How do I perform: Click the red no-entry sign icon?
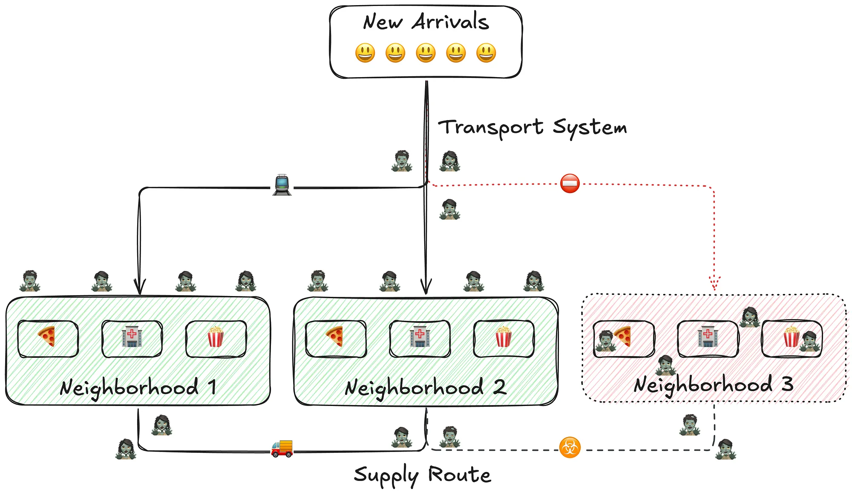[570, 184]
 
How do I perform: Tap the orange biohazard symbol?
[570, 447]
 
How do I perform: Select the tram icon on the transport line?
[282, 185]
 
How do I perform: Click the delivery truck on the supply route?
[282, 449]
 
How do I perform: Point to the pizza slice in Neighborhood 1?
[47, 337]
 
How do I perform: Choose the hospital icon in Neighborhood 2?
[420, 337]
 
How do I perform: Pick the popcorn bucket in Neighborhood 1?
[216, 337]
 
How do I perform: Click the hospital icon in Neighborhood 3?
[708, 336]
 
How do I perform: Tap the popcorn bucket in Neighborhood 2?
[503, 337]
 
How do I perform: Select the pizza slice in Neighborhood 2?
[335, 337]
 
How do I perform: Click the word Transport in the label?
[491, 127]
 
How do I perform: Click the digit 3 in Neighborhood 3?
[787, 384]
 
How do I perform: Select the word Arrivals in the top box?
[450, 22]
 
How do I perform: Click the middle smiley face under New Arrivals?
[426, 53]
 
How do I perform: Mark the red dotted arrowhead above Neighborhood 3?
[714, 283]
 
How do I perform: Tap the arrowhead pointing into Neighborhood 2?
[426, 286]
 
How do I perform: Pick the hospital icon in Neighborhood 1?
[132, 337]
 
